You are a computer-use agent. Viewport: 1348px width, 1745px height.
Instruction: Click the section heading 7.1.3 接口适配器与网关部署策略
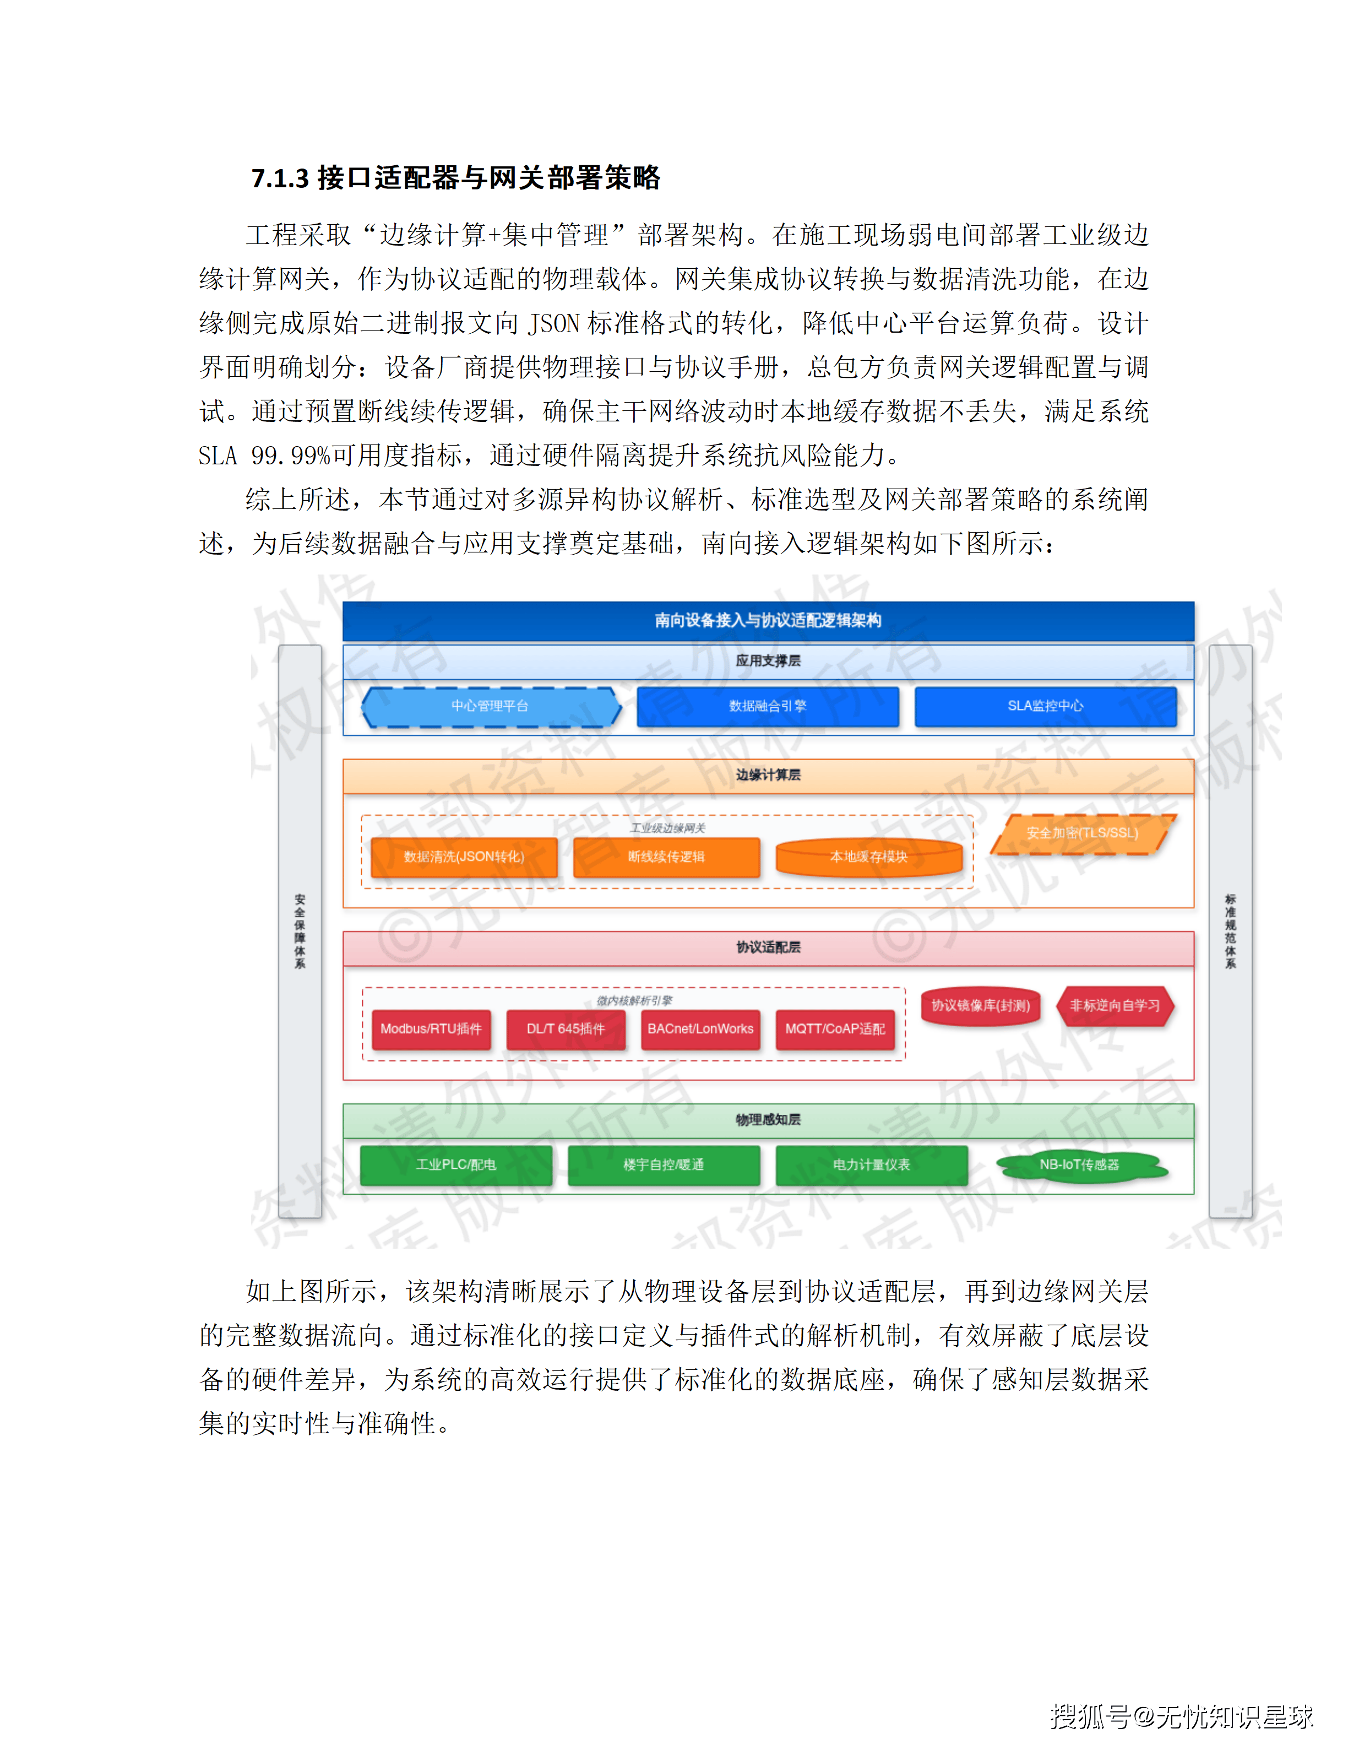(455, 177)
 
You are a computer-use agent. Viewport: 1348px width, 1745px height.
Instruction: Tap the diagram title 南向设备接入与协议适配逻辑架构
(768, 620)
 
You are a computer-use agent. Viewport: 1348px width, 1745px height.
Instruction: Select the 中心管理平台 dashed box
(490, 706)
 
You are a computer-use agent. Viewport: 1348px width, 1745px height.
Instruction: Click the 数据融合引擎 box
(768, 706)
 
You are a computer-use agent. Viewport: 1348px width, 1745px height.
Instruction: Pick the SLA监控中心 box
(1045, 706)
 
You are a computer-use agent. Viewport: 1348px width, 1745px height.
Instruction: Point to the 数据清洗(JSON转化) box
(464, 857)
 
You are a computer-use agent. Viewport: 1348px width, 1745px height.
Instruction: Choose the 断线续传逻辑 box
(666, 857)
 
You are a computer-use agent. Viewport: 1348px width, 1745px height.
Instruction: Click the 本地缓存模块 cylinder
(869, 857)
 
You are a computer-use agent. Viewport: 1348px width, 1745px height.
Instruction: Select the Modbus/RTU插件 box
(431, 1029)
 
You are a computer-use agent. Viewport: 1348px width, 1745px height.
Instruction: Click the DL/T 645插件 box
(566, 1029)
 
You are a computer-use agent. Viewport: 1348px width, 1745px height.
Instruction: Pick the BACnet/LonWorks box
(700, 1029)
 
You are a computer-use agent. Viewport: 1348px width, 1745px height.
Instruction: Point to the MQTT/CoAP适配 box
(835, 1029)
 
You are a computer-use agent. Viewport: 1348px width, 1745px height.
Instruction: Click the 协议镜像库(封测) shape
(981, 1006)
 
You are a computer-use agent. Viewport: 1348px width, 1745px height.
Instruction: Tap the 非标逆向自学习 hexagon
(1115, 1006)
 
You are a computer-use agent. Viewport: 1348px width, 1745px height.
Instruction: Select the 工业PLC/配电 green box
(456, 1165)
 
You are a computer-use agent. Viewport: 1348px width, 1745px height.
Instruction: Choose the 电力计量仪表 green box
(871, 1165)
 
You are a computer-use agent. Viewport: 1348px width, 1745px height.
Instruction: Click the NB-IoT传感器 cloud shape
(1080, 1165)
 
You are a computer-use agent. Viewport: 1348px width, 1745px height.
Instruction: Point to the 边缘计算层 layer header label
(768, 775)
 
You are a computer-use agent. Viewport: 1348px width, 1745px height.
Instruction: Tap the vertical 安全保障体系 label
(300, 931)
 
